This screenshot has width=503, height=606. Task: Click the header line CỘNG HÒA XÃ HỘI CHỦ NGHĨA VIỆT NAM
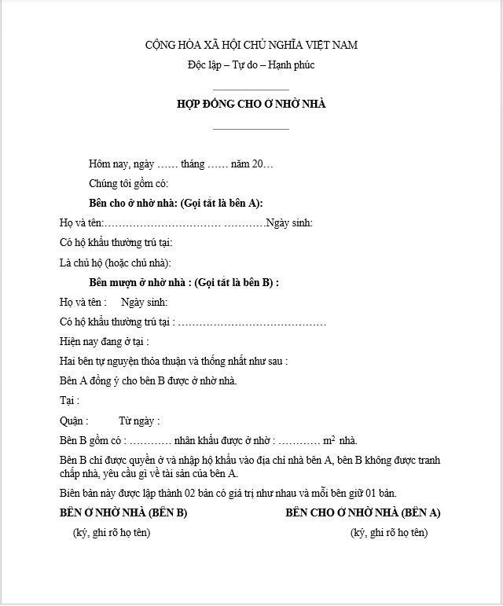(251, 45)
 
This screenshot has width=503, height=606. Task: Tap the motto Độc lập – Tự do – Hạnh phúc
(251, 65)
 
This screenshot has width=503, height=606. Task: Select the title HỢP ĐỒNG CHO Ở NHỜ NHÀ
(251, 104)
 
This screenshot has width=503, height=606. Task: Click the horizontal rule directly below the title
(251, 129)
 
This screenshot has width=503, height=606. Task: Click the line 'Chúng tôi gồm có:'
(129, 184)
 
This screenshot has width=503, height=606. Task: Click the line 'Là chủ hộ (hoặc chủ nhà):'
(116, 263)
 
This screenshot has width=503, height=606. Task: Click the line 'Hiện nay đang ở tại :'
(105, 342)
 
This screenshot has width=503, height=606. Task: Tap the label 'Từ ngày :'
(139, 421)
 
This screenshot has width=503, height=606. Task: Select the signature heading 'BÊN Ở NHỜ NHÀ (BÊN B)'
(123, 513)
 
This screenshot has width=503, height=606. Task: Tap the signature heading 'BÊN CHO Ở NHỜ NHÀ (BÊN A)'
(363, 513)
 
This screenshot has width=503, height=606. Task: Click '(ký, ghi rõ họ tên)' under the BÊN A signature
(389, 533)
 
